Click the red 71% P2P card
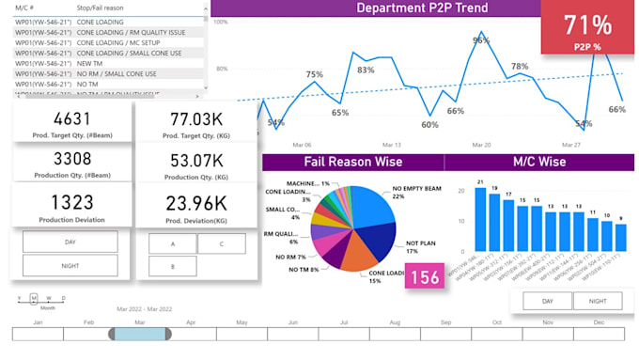[588, 31]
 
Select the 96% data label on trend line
[480, 40]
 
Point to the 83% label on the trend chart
[366, 70]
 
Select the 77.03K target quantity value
[195, 119]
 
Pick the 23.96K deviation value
[195, 203]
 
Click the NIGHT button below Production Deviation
[70, 267]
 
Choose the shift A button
[172, 243]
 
